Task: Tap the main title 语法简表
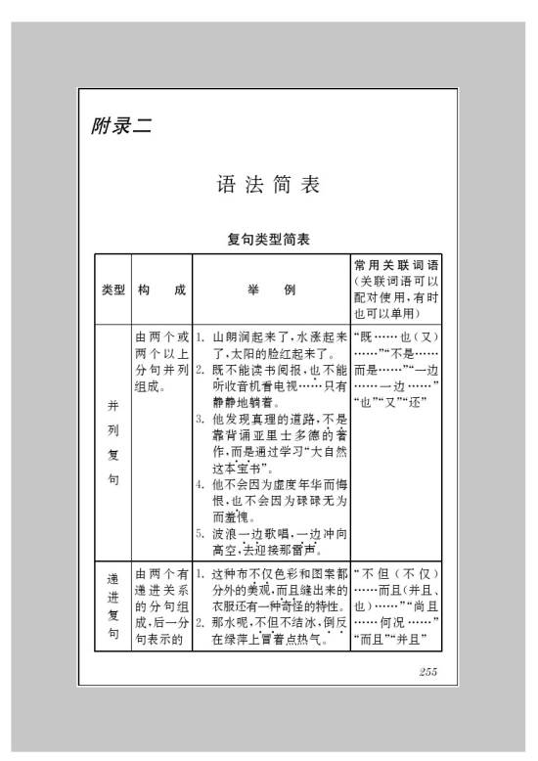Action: [268, 183]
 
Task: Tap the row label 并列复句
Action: [112, 431]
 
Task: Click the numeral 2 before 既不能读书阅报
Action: [199, 370]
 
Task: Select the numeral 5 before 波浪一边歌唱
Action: [199, 533]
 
